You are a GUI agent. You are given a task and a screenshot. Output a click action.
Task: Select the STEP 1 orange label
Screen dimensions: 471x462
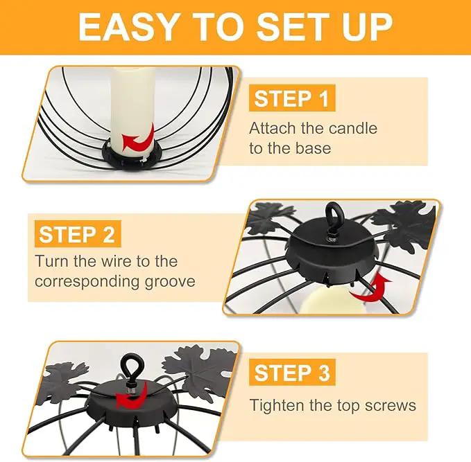pos(292,98)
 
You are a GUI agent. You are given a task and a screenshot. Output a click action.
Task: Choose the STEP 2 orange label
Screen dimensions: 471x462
pos(78,233)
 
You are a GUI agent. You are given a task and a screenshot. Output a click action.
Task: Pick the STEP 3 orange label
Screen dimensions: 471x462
pos(292,372)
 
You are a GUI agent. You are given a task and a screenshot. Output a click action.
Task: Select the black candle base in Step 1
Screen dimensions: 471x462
pos(132,156)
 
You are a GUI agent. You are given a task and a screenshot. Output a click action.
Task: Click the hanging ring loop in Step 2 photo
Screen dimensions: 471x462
pos(332,216)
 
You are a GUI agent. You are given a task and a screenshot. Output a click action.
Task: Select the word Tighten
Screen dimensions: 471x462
pos(277,406)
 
